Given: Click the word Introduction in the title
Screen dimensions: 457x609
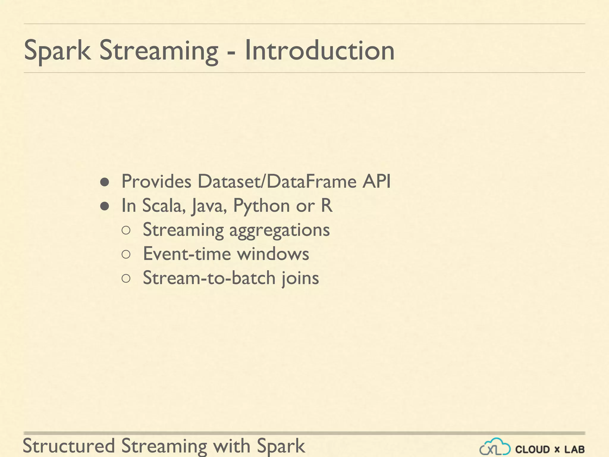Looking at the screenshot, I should (319, 51).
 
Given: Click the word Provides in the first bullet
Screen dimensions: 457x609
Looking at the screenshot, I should (156, 181).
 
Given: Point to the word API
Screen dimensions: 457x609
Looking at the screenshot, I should (376, 181).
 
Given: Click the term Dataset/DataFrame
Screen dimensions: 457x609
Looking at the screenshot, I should (277, 181).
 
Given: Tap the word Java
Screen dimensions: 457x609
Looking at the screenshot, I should (209, 206).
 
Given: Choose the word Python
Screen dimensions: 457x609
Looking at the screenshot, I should (261, 206).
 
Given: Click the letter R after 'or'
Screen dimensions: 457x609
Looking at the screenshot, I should (327, 205).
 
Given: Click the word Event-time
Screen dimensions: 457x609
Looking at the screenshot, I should (187, 254).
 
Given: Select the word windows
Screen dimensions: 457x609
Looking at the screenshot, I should (273, 254).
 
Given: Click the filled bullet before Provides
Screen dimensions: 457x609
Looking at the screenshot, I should (104, 182).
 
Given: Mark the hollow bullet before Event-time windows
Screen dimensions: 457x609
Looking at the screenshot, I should (126, 254).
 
